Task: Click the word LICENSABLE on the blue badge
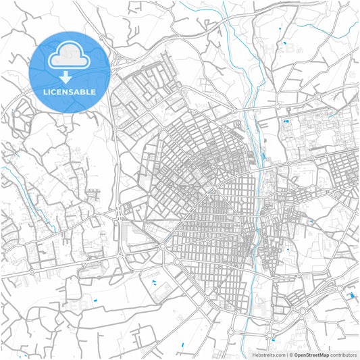(x=69, y=91)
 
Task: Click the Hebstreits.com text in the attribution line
(x=268, y=355)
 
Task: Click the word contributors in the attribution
(x=343, y=355)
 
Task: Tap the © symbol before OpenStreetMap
(x=290, y=355)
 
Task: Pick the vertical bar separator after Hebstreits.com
(x=286, y=355)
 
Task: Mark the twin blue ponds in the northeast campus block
(x=286, y=121)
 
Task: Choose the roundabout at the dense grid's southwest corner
(x=162, y=247)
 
